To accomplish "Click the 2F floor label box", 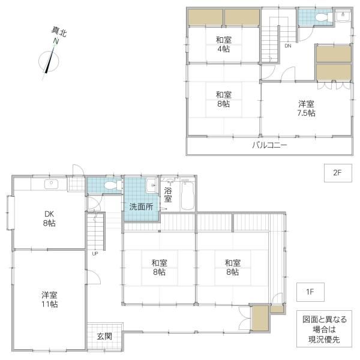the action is (338, 173).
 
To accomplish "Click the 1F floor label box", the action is (310, 292).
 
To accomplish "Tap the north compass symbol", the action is (49, 60).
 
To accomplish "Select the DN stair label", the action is (288, 46).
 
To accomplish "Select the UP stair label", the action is (95, 254).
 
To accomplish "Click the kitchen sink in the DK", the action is (51, 184).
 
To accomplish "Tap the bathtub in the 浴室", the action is (188, 195).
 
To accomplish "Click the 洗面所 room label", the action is (141, 206).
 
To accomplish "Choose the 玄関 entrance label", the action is (104, 337).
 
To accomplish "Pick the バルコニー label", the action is (270, 145).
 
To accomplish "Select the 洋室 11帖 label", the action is (50, 299).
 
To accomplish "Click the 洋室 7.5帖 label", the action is (306, 109).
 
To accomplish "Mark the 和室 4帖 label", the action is (224, 44).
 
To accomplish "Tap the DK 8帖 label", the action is (49, 218).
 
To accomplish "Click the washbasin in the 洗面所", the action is (151, 185).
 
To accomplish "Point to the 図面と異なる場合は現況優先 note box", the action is (324, 329).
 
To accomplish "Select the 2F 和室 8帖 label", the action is (224, 99).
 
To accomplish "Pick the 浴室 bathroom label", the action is (168, 194).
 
